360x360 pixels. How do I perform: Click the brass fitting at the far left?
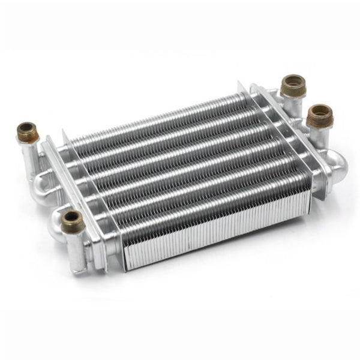coord(27,133)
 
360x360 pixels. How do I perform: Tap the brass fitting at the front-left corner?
coord(71,219)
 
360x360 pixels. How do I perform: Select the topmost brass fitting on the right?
coord(293,85)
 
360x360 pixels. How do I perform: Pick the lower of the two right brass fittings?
coord(320,116)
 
